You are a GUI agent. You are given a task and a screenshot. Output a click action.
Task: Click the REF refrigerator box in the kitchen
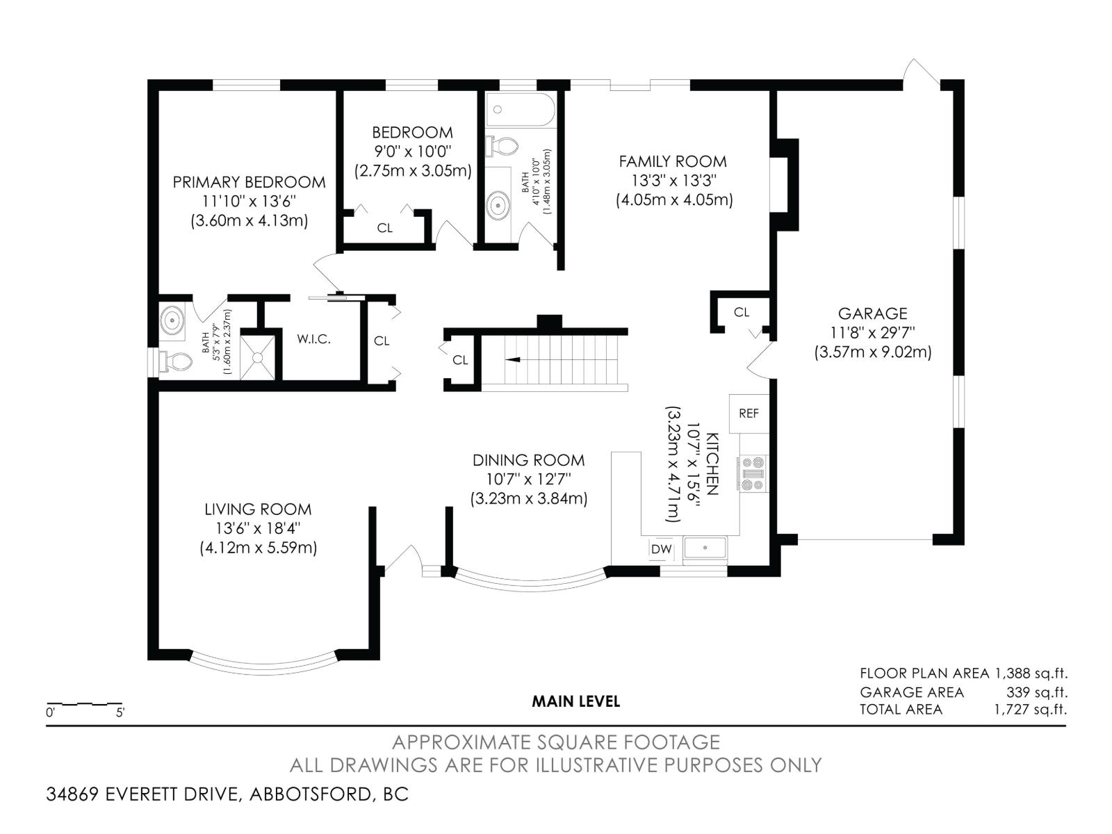[749, 414]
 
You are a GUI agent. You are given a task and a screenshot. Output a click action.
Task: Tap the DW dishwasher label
[662, 550]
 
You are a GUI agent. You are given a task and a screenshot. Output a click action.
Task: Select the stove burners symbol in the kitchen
[753, 473]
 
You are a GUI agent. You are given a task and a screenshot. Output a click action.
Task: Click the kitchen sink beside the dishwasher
[705, 548]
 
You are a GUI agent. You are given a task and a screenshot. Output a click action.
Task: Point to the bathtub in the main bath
[521, 110]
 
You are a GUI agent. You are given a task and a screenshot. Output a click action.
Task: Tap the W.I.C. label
[313, 339]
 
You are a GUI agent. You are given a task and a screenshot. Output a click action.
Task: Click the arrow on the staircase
[513, 360]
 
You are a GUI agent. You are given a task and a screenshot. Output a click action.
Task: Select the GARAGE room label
[872, 313]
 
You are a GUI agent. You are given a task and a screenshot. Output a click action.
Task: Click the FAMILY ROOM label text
[673, 161]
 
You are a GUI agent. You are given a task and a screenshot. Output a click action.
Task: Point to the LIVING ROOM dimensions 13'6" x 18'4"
[258, 528]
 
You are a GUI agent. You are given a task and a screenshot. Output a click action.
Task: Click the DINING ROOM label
[528, 460]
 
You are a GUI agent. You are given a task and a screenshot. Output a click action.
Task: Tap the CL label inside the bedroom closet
[384, 228]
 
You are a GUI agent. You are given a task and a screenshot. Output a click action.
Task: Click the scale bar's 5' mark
[120, 712]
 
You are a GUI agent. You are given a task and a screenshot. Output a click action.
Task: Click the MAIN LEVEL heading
[575, 701]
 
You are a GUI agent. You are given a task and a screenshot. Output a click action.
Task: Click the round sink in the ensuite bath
[171, 321]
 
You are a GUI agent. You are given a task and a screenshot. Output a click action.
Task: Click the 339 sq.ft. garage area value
[1036, 692]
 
